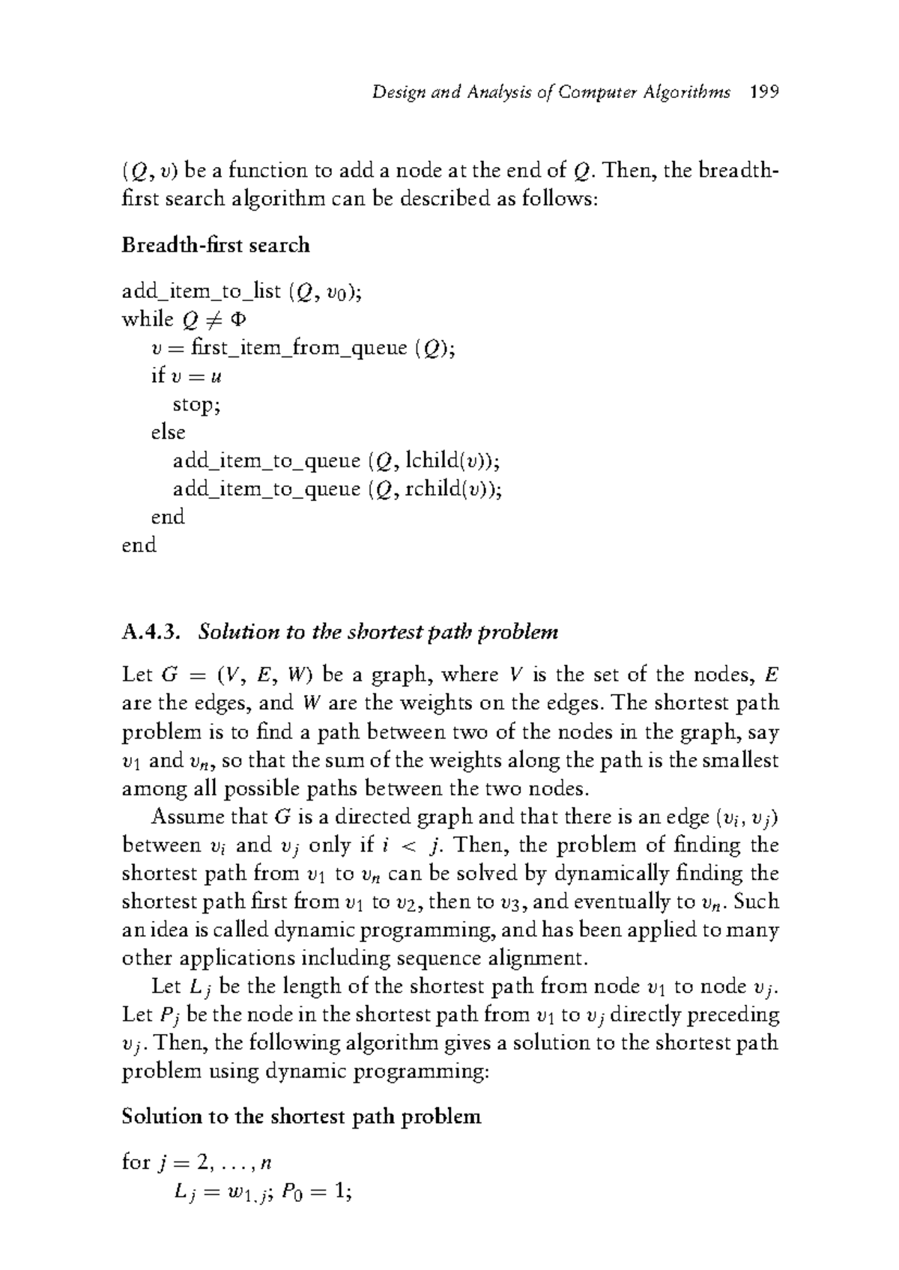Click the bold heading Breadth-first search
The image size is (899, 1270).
215,245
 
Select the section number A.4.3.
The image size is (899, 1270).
151,632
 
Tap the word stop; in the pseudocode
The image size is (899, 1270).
197,404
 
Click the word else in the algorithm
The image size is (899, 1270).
168,432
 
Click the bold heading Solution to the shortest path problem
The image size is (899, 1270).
300,1116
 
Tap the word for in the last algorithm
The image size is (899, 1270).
136,1162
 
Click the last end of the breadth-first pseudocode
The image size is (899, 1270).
139,545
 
